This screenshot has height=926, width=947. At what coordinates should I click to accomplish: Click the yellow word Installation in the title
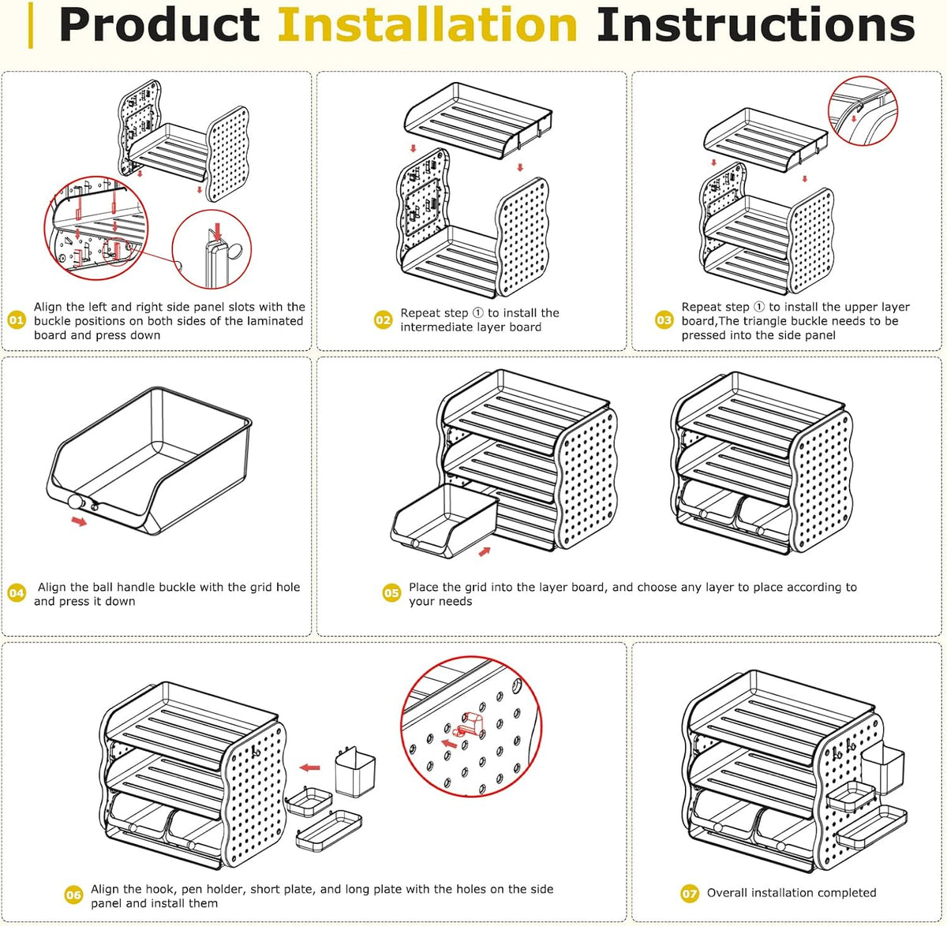click(427, 24)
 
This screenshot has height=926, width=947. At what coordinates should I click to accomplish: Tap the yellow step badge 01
click(16, 320)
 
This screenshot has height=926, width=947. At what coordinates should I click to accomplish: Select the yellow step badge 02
click(383, 320)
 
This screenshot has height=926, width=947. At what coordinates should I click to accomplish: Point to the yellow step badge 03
click(664, 320)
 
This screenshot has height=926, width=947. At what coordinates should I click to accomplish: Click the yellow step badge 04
click(16, 593)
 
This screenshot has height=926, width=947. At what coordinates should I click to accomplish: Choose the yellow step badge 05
click(391, 593)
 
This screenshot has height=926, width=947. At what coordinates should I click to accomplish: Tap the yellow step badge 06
click(73, 895)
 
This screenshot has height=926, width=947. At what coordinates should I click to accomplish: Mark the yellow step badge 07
click(690, 894)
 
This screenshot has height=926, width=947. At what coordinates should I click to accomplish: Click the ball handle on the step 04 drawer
click(76, 502)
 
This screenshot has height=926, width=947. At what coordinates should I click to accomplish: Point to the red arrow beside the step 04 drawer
click(79, 522)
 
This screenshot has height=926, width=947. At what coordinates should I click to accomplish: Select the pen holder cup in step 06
click(355, 772)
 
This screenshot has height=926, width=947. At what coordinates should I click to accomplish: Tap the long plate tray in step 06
click(329, 831)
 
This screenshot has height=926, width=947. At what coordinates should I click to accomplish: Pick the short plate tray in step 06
click(309, 801)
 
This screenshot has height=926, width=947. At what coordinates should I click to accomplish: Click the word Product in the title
click(159, 24)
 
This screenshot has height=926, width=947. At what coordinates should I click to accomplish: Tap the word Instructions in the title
click(756, 24)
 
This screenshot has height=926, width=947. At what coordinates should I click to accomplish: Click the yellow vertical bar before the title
click(31, 24)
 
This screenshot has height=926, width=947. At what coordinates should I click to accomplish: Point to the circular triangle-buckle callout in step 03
click(863, 111)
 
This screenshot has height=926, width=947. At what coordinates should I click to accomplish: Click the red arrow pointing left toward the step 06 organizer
click(309, 768)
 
